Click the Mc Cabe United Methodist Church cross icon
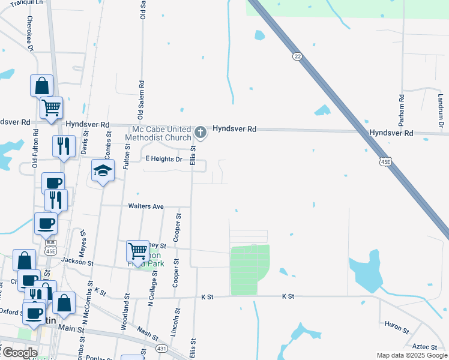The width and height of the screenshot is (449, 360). [200, 131]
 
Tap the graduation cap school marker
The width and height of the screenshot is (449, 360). [103, 171]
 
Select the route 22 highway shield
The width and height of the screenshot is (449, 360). [297, 56]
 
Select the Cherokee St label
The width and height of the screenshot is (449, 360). [29, 33]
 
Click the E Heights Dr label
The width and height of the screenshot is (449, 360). [164, 159]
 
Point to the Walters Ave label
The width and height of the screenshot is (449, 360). [146, 206]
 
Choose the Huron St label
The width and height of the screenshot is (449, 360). [397, 331]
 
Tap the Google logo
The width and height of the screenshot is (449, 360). [20, 353]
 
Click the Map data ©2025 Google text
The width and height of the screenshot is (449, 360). [411, 355]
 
